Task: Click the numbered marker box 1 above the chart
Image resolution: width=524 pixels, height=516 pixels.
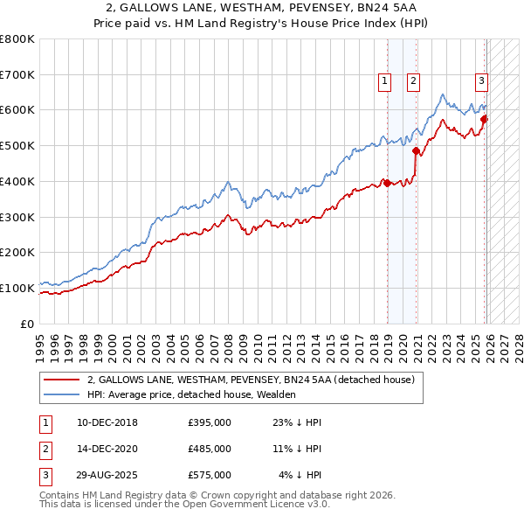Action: pos(384,81)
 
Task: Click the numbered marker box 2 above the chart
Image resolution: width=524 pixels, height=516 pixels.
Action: pos(413,81)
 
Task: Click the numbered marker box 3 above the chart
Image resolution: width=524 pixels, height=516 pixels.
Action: pos(481,81)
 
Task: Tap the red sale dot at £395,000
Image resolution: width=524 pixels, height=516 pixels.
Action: pos(387,184)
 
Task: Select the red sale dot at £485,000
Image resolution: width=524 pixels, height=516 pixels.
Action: pos(417,151)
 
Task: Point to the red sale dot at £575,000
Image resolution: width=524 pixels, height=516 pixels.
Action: pos(485,119)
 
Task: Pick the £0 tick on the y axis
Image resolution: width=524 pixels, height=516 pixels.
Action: pos(27,324)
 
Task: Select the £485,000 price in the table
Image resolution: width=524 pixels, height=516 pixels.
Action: pos(209,449)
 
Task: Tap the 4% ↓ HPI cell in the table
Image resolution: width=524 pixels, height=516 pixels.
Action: pos(300,475)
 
